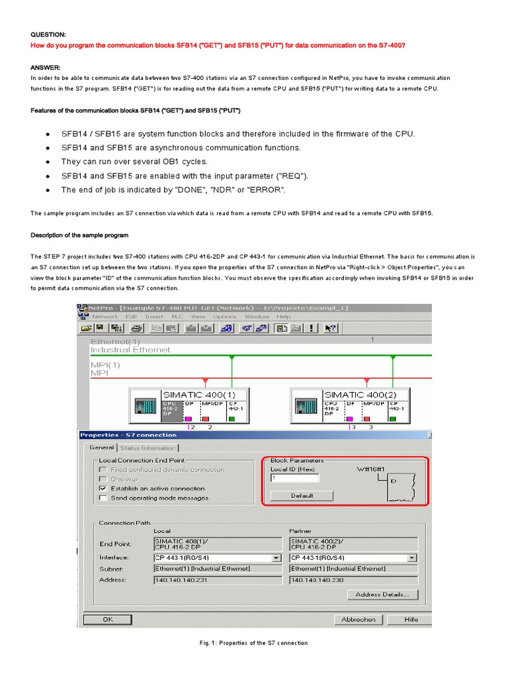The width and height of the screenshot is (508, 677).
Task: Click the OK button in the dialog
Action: point(108,619)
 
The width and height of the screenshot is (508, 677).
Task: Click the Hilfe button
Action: point(411,619)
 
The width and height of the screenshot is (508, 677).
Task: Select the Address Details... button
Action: point(382,594)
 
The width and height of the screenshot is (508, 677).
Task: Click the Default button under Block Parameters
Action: point(302,496)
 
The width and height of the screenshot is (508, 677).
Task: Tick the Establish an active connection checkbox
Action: point(103,489)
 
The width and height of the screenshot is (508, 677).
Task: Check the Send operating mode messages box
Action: point(103,498)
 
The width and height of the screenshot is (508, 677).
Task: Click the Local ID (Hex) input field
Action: point(294,478)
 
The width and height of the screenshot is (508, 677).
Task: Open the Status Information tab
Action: point(148,448)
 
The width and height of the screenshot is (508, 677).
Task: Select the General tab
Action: point(103,448)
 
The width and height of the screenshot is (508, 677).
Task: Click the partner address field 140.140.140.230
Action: point(353,580)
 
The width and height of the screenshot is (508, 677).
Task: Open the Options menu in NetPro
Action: point(225,317)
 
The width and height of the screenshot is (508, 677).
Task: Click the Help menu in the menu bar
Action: point(283,317)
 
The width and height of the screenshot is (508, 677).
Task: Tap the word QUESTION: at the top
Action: point(49,34)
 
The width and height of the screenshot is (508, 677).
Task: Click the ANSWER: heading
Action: point(46,67)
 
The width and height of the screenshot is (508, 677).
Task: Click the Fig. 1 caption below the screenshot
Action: point(253,643)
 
